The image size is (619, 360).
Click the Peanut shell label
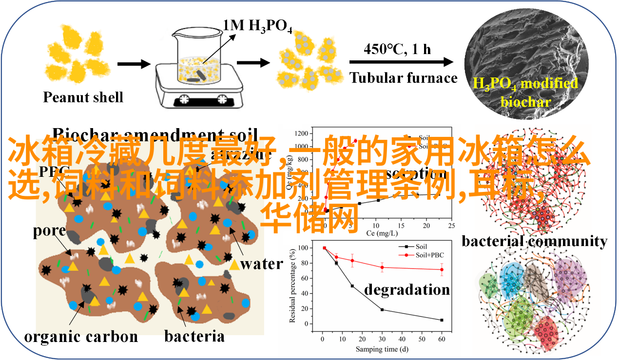(83, 97)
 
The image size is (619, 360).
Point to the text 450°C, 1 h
(397, 49)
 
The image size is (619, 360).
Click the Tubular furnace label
(404, 78)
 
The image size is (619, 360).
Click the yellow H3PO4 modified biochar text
(525, 92)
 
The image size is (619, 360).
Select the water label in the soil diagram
(262, 264)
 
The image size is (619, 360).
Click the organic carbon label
(81, 336)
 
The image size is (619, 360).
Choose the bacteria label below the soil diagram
(194, 336)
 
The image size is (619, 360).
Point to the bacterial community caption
(534, 241)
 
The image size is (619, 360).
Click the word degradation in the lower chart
(407, 289)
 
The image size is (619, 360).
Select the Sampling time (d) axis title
(381, 349)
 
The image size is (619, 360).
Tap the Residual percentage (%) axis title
(293, 285)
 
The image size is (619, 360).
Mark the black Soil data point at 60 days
(442, 320)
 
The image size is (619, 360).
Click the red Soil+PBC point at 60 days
(442, 269)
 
